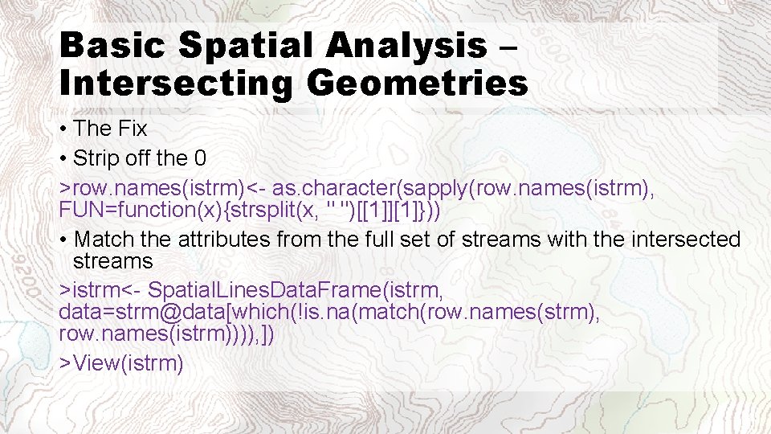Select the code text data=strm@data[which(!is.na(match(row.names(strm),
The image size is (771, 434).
[329, 311]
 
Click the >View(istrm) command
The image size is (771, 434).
[122, 363]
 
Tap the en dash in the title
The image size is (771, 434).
[506, 46]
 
